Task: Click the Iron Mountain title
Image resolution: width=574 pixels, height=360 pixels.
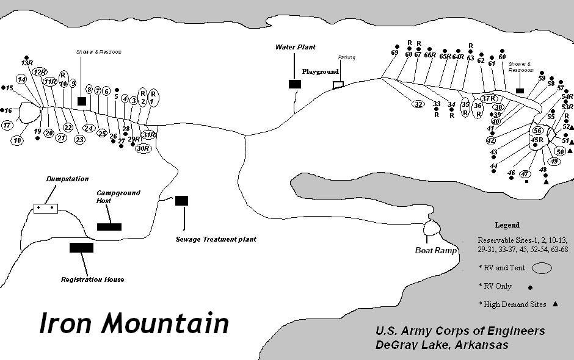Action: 134,323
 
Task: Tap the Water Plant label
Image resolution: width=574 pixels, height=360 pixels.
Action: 295,47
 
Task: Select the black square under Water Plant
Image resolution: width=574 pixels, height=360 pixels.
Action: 294,84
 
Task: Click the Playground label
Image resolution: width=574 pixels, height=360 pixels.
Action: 320,71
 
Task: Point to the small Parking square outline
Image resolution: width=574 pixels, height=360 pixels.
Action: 338,85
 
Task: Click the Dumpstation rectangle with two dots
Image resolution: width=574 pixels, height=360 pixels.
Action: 45,208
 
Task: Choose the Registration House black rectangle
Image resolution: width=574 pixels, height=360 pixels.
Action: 81,248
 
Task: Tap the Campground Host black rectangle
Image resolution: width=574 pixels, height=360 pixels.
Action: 109,227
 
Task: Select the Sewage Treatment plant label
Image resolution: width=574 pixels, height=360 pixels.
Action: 216,239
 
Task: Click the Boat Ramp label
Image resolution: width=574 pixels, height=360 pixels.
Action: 436,251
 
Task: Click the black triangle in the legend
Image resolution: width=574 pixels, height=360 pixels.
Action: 555,304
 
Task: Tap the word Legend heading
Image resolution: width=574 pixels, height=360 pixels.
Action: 507,225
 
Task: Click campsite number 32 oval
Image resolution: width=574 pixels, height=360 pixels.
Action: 418,104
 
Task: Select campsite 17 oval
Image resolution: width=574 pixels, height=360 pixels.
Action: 7,125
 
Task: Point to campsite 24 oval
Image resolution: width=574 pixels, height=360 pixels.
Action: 89,128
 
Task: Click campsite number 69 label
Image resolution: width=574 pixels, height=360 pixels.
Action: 394,52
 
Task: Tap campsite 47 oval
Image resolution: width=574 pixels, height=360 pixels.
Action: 525,174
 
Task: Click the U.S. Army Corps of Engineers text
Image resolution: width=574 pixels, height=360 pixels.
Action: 460,331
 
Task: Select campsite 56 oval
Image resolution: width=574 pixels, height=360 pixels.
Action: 537,131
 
